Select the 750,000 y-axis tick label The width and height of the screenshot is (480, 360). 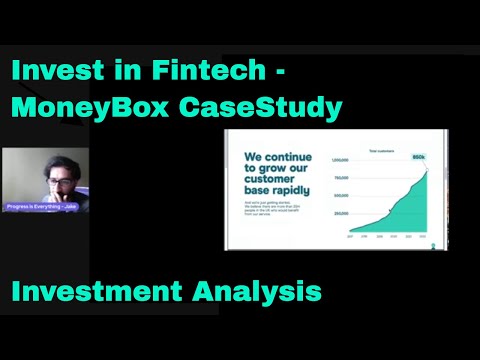click(341, 178)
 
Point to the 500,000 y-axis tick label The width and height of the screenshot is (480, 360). click(341, 196)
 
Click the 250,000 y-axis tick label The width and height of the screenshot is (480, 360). click(341, 214)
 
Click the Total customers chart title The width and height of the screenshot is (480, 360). click(381, 150)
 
